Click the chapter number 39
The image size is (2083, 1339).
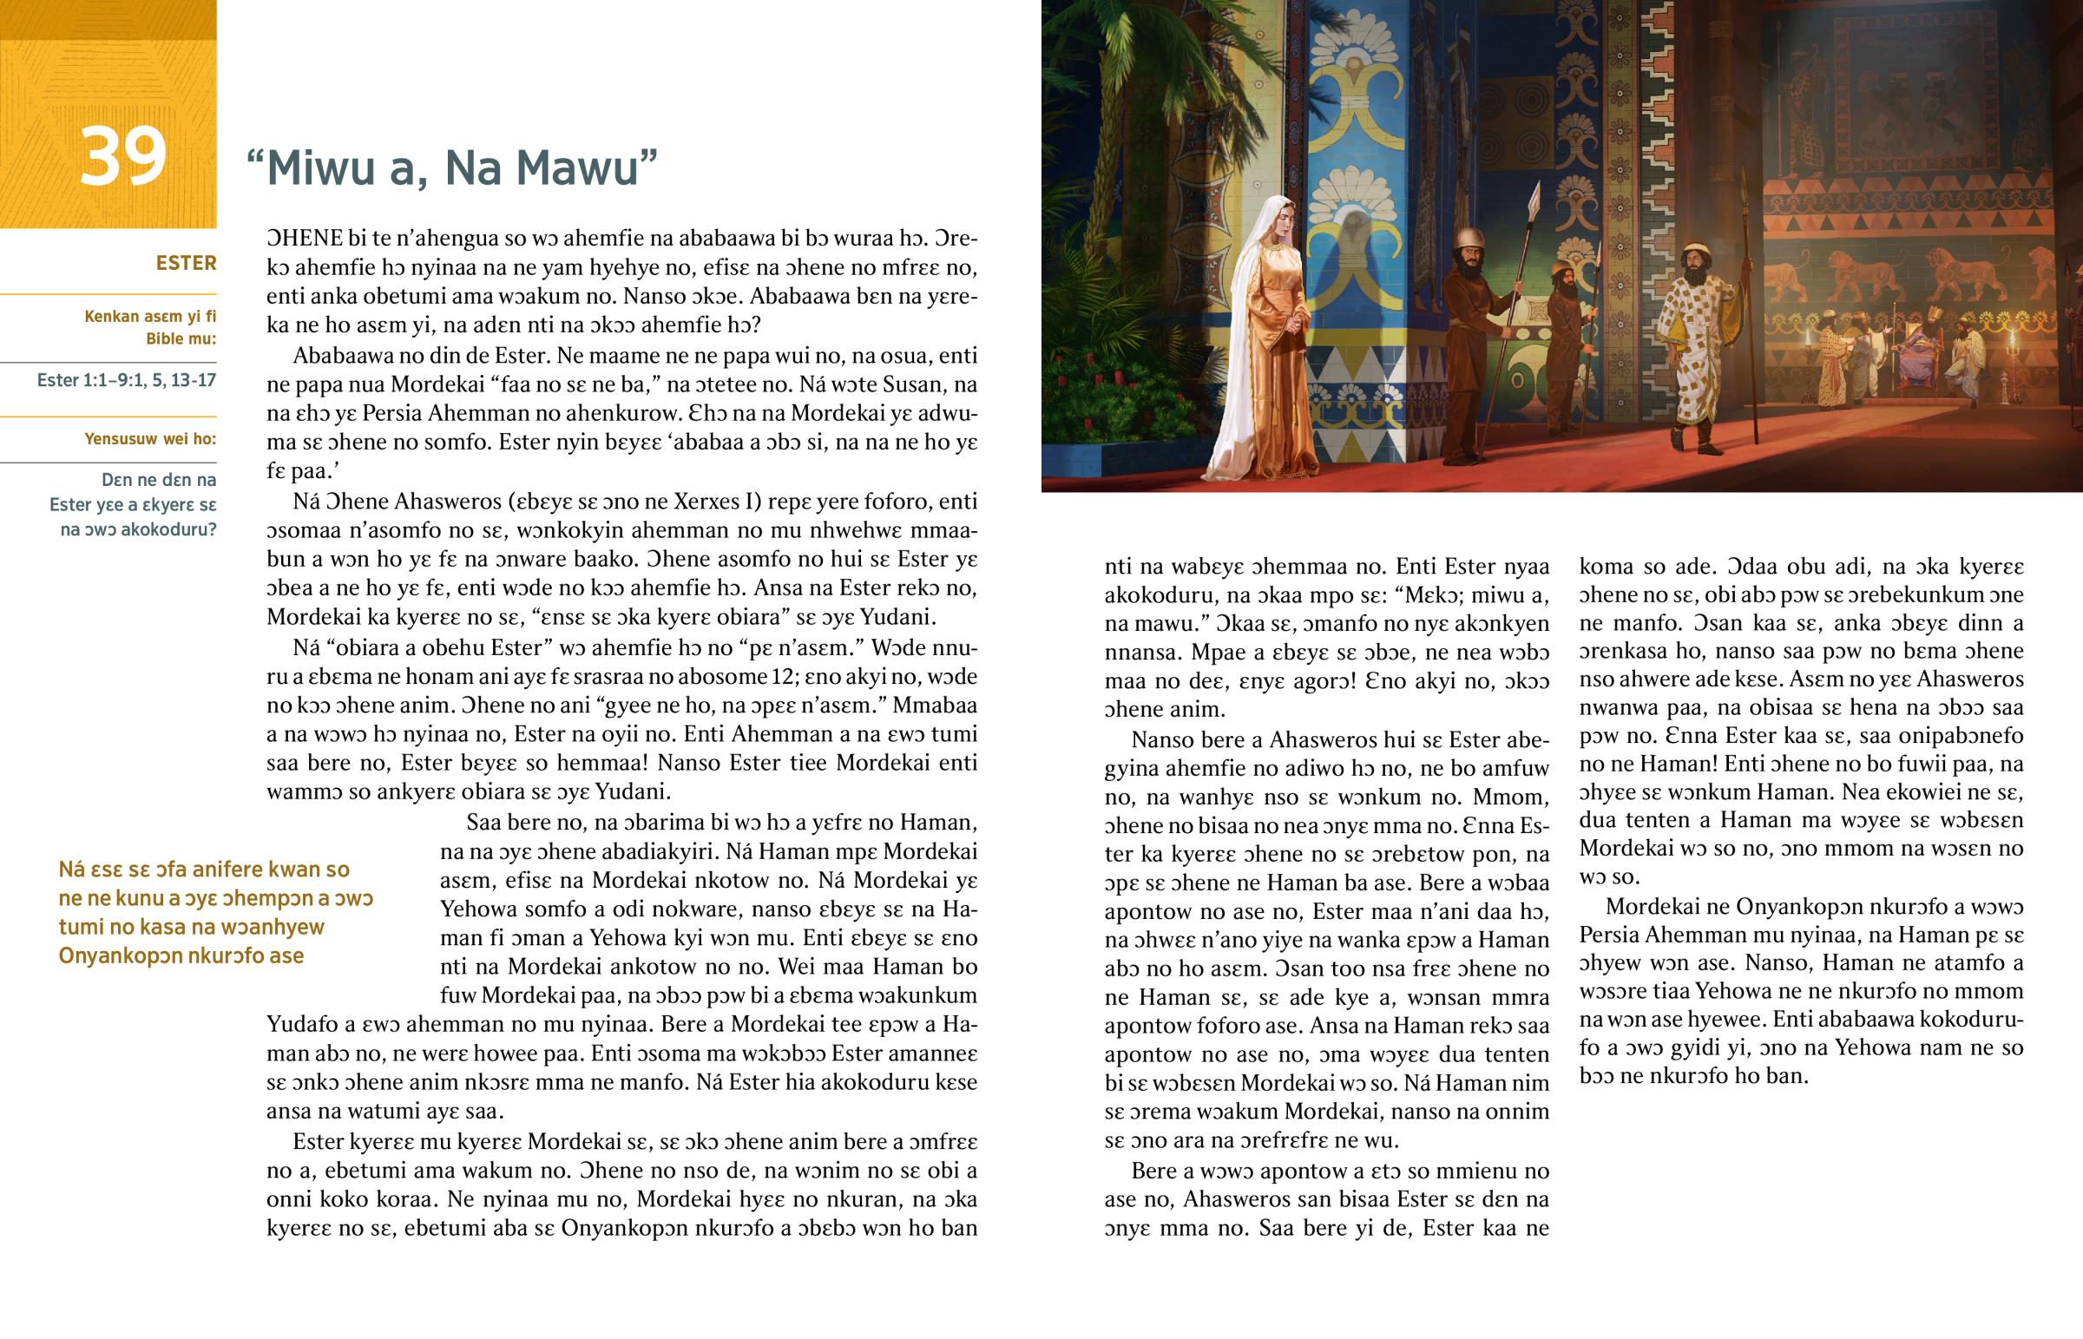(x=122, y=157)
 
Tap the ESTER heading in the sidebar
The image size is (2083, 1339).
(x=185, y=264)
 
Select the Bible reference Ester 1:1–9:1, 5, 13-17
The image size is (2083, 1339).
(x=127, y=380)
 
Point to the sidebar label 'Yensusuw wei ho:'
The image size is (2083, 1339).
(x=150, y=439)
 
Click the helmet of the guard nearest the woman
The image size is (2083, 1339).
(x=1470, y=240)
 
